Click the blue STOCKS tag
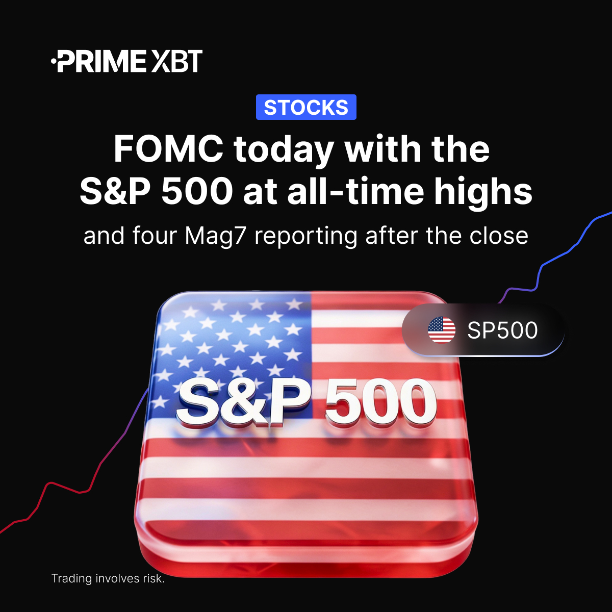[306, 108]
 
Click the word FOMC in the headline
[168, 149]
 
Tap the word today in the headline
[284, 149]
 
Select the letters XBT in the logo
[176, 61]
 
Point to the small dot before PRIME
[54, 62]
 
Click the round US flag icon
[442, 330]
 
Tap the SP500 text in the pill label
[502, 330]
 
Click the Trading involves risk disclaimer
[108, 578]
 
